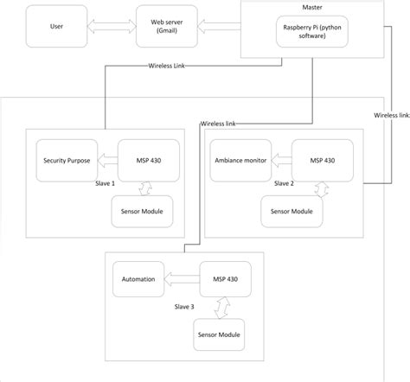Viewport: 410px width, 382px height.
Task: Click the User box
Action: pyautogui.click(x=57, y=26)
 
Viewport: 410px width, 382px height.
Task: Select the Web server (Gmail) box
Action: pyautogui.click(x=166, y=26)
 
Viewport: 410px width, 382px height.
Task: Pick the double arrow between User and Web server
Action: pyautogui.click(x=111, y=26)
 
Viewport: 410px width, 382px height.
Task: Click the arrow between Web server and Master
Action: pyautogui.click(x=220, y=26)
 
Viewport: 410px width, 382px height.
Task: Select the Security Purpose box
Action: pyautogui.click(x=67, y=160)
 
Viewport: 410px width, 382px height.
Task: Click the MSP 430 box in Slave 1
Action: pyautogui.click(x=149, y=160)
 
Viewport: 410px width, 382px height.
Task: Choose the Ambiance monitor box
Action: pyautogui.click(x=240, y=160)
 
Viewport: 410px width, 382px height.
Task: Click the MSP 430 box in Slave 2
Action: pyautogui.click(x=323, y=160)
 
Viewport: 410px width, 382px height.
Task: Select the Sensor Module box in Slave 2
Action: pyautogui.click(x=292, y=210)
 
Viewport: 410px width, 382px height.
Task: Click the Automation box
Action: pyautogui.click(x=138, y=279)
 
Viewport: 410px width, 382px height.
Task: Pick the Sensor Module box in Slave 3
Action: pyautogui.click(x=218, y=334)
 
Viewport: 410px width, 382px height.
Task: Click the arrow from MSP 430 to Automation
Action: pyautogui.click(x=181, y=278)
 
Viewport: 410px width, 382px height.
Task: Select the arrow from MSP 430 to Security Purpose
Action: pyautogui.click(x=106, y=160)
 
